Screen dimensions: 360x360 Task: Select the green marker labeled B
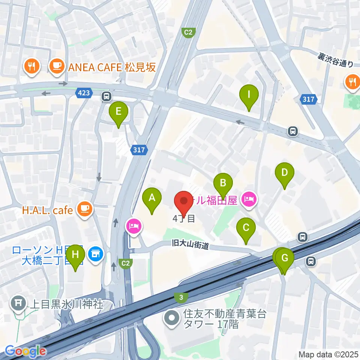tap(223, 184)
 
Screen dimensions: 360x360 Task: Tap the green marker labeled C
tap(246, 228)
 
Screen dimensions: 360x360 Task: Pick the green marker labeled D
tap(285, 173)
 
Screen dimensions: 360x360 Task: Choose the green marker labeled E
tap(118, 112)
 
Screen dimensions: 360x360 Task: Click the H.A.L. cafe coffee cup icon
tap(85, 209)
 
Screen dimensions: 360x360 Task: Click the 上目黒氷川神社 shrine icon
tap(18, 303)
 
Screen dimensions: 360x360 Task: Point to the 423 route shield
tap(84, 93)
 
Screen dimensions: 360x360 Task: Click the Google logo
tap(25, 351)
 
